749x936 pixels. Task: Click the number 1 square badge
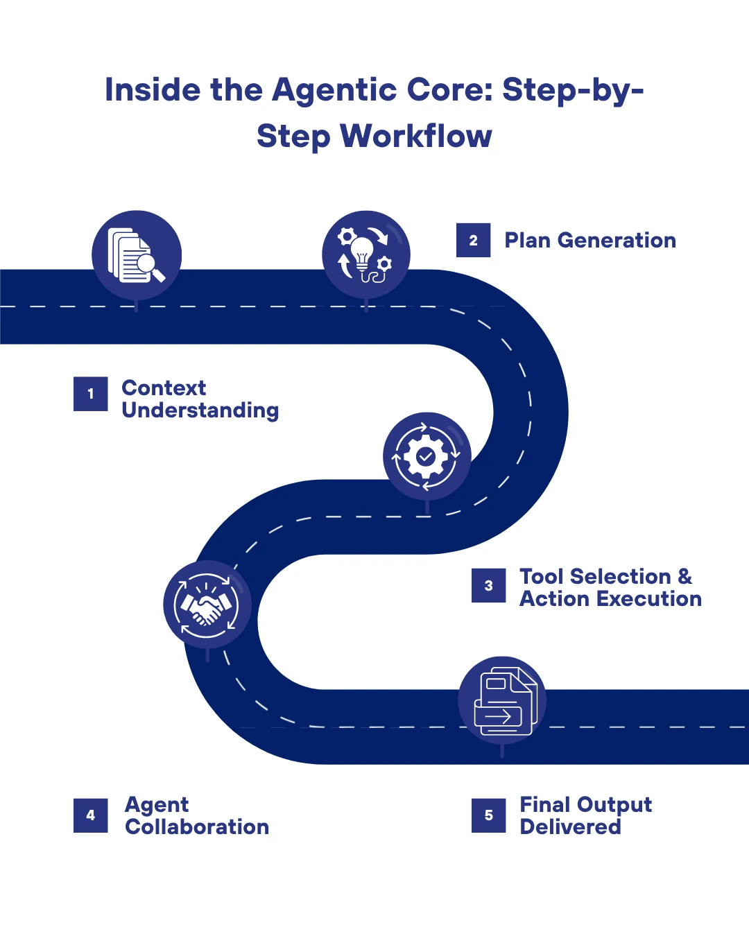click(x=91, y=394)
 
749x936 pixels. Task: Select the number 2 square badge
click(x=473, y=241)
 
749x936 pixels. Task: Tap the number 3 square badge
click(x=489, y=586)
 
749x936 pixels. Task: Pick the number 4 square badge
click(x=91, y=815)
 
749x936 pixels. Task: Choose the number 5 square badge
click(x=489, y=815)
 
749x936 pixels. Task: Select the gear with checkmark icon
click(x=427, y=456)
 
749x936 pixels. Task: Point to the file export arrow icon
click(x=502, y=700)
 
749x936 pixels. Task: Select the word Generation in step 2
click(x=616, y=241)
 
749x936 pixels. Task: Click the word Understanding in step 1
click(x=200, y=410)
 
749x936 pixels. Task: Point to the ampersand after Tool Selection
click(x=685, y=576)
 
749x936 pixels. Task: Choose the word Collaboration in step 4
click(x=197, y=827)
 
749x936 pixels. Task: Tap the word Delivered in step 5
click(x=570, y=827)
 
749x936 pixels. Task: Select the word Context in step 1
click(x=164, y=388)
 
